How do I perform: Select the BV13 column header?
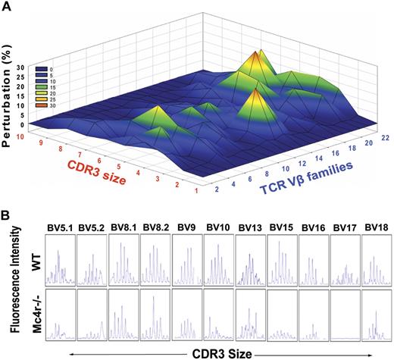point(249,226)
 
